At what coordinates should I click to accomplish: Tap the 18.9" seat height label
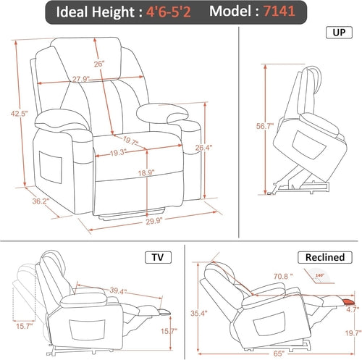tap(146, 173)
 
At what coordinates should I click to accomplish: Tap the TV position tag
tap(158, 256)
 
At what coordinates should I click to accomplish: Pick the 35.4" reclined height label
tap(195, 314)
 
